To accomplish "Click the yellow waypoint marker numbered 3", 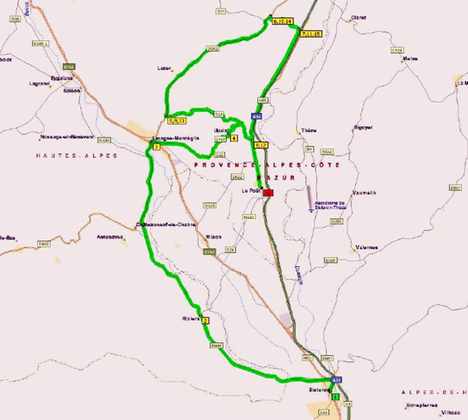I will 156,147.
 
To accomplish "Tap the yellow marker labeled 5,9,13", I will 177,121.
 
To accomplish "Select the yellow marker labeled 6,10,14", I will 282,22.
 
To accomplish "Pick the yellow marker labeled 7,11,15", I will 311,34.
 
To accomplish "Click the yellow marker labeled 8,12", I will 260,145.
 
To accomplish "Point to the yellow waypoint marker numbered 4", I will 234,138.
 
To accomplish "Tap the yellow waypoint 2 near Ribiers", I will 205,321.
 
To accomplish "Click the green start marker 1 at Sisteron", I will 336,396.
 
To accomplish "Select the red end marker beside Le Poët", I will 268,193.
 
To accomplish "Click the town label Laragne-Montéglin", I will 175,138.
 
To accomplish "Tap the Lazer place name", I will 164,68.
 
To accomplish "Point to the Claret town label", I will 358,18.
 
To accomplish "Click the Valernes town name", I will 366,247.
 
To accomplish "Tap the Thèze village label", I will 308,130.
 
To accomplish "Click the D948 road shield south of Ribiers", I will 217,346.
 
